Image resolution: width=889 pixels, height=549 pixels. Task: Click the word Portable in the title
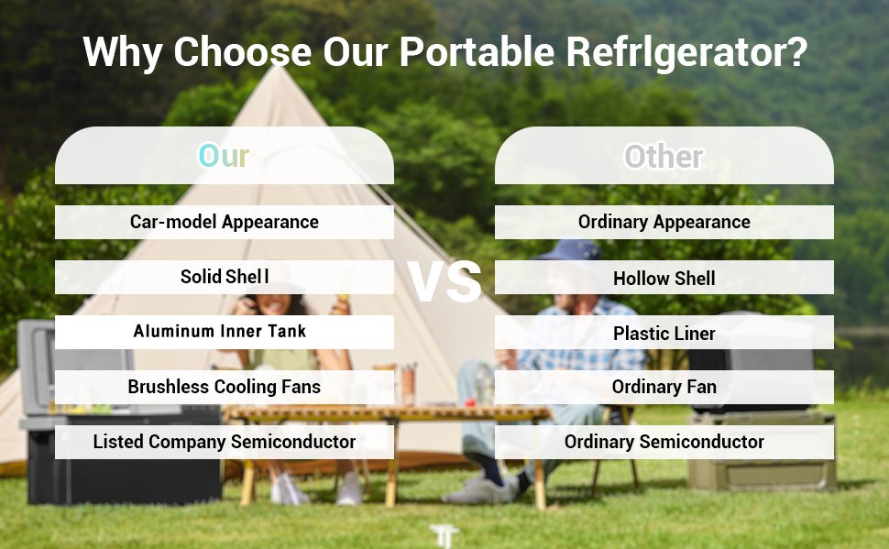(477, 52)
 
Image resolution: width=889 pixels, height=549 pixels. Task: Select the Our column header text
(224, 156)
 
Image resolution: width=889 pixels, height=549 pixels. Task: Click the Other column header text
(664, 157)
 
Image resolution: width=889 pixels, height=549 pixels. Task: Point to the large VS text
(444, 281)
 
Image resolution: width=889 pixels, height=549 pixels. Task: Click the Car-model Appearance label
(224, 222)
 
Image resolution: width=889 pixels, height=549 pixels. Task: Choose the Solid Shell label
(224, 277)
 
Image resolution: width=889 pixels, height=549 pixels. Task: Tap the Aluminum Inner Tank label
(219, 331)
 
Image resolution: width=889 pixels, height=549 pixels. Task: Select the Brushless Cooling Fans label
(224, 387)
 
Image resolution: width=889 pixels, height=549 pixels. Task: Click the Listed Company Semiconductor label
(224, 442)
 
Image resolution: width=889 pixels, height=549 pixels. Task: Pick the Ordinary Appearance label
(664, 222)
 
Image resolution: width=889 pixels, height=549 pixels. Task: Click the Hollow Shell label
(664, 279)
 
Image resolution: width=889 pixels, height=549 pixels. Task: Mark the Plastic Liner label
(664, 334)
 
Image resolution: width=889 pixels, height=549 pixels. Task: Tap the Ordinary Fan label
(664, 387)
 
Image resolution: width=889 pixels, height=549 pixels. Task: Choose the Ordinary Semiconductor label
(664, 442)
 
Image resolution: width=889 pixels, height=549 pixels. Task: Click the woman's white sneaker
(289, 490)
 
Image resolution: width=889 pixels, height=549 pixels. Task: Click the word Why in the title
(123, 53)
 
